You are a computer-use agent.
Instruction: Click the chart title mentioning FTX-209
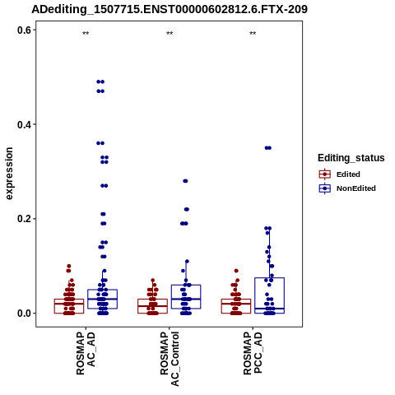pyautogui.click(x=170, y=9)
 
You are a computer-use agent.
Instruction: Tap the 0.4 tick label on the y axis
pyautogui.click(x=24, y=124)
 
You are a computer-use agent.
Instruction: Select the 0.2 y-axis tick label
pyautogui.click(x=24, y=219)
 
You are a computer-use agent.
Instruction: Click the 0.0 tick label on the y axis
pyautogui.click(x=24, y=314)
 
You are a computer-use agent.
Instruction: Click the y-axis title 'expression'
pyautogui.click(x=9, y=174)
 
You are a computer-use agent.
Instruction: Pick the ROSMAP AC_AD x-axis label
pyautogui.click(x=86, y=353)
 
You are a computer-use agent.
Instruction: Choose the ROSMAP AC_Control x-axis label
pyautogui.click(x=170, y=359)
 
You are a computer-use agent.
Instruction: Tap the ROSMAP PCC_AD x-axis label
pyautogui.click(x=253, y=353)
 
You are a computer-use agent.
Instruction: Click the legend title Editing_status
pyautogui.click(x=351, y=158)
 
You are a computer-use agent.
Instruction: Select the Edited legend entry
pyautogui.click(x=339, y=174)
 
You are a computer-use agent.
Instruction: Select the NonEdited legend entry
pyautogui.click(x=347, y=188)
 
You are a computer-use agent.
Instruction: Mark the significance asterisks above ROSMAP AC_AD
pyautogui.click(x=86, y=34)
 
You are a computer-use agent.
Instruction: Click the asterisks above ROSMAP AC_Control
pyautogui.click(x=170, y=34)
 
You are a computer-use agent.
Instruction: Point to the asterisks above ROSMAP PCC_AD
pyautogui.click(x=253, y=34)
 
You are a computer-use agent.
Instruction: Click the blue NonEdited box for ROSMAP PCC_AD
pyautogui.click(x=269, y=278)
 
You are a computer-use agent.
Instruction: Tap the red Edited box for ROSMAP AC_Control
pyautogui.click(x=152, y=300)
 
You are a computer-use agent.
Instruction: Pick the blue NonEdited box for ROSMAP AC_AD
pyautogui.click(x=102, y=290)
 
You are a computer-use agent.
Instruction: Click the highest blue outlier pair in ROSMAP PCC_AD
pyautogui.click(x=268, y=148)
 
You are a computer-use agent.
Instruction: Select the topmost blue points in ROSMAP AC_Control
pyautogui.click(x=185, y=181)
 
